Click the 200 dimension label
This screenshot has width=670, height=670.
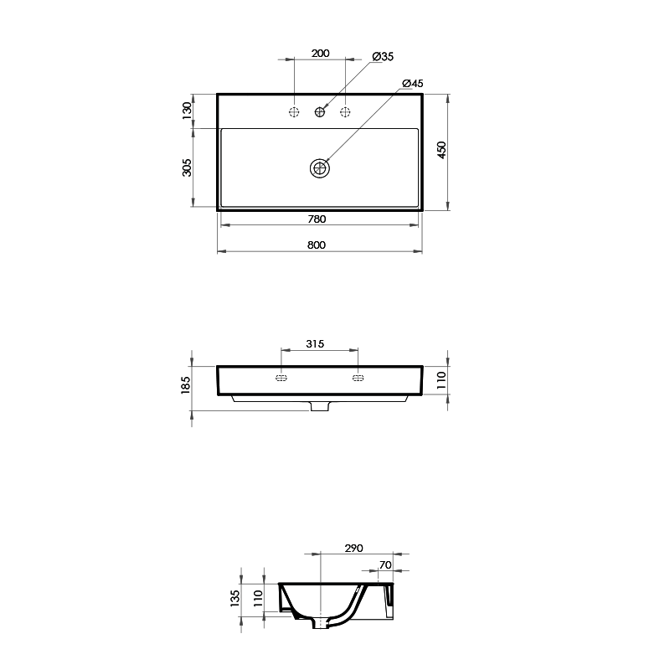(x=320, y=53)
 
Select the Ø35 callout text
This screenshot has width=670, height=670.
(x=383, y=56)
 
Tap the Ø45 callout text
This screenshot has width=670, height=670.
(x=413, y=84)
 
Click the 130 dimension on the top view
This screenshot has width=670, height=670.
(x=187, y=110)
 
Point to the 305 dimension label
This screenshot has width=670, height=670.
(x=187, y=167)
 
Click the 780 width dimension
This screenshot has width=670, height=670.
(x=317, y=219)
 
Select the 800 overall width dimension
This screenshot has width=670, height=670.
(x=317, y=245)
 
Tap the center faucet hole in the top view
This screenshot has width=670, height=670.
(x=320, y=111)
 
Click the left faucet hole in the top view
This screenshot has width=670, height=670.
(x=294, y=111)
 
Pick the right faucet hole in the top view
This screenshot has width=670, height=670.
(x=345, y=111)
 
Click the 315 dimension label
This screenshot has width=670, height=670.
(x=315, y=344)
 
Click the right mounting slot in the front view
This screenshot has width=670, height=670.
(x=358, y=379)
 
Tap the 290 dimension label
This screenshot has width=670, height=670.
(x=353, y=549)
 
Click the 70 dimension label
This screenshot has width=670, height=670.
(x=385, y=565)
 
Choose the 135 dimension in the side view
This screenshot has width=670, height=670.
(x=235, y=597)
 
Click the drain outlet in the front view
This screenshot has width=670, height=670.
(x=320, y=406)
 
